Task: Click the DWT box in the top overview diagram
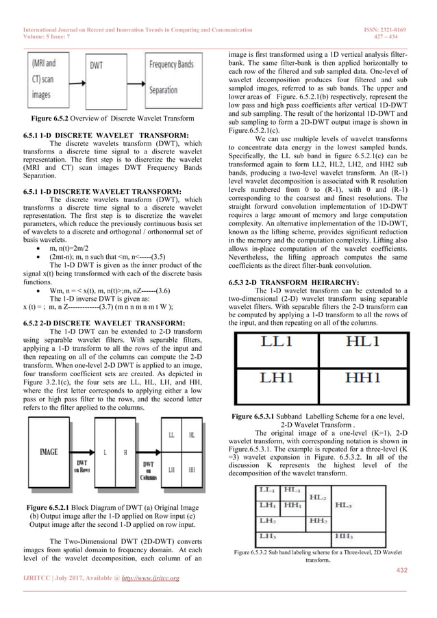pos(100,66)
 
